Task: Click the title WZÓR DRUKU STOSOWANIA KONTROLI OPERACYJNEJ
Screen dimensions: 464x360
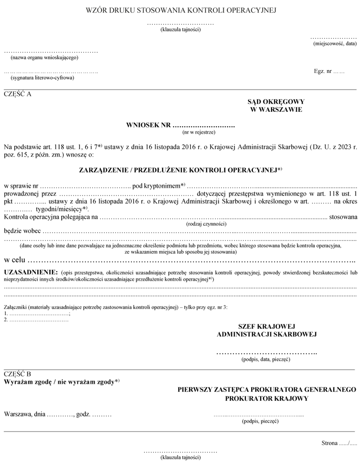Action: pyautogui.click(x=180, y=9)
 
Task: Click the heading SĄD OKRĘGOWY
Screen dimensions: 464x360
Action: pyautogui.click(x=276, y=102)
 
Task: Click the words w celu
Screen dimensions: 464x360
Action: pyautogui.click(x=14, y=260)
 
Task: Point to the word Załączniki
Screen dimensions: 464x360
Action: pyautogui.click(x=15, y=307)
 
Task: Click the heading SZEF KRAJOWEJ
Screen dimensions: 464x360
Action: pyautogui.click(x=266, y=326)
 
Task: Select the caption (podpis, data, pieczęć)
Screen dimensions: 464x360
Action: pyautogui.click(x=265, y=360)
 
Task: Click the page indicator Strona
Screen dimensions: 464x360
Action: pyautogui.click(x=329, y=443)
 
